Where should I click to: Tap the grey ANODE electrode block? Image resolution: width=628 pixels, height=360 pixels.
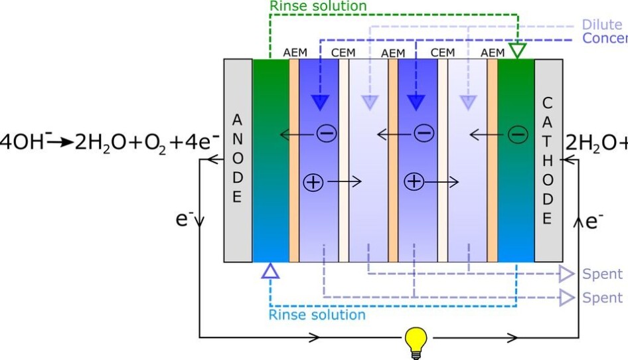tap(238, 159)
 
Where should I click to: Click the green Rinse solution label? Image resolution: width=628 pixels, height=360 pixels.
tap(318, 6)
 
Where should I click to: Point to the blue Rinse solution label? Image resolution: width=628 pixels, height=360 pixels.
tap(317, 314)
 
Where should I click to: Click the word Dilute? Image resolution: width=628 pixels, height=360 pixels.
tap(601, 25)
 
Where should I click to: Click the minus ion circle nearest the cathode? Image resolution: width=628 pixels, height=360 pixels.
tap(517, 135)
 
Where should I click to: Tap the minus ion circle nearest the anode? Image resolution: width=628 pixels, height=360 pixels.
tap(326, 134)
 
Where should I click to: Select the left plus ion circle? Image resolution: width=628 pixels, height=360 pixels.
tap(313, 181)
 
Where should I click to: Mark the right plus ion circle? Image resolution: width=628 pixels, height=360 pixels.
tap(414, 181)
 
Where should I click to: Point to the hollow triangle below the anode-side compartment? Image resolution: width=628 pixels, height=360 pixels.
tap(270, 270)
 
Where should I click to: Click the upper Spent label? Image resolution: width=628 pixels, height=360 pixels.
tap(602, 274)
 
